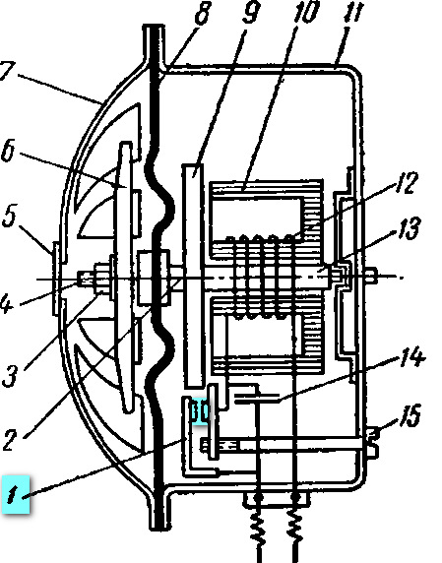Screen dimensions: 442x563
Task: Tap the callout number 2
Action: pyautogui.click(x=10, y=440)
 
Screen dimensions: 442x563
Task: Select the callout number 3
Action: pyautogui.click(x=10, y=376)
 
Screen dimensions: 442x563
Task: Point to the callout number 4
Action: pyautogui.click(x=6, y=302)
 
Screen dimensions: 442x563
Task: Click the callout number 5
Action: pyautogui.click(x=9, y=217)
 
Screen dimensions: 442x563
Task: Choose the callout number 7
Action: pyautogui.click(x=7, y=71)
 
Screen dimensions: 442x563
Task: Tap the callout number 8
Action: pyautogui.click(x=203, y=13)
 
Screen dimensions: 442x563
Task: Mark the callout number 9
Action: pyautogui.click(x=251, y=12)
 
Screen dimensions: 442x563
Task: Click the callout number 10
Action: pyautogui.click(x=306, y=11)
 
